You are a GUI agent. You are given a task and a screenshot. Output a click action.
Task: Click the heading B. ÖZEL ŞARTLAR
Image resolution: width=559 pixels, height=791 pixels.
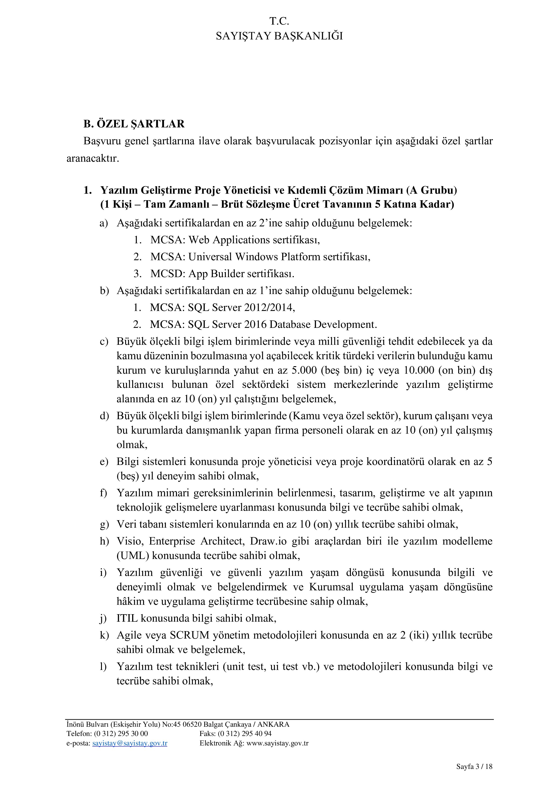coord(134,124)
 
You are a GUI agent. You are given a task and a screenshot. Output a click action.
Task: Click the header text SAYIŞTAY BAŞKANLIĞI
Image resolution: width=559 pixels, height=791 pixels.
coord(279,36)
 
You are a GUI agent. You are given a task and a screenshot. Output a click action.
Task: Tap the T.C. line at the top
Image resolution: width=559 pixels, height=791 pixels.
coord(279,21)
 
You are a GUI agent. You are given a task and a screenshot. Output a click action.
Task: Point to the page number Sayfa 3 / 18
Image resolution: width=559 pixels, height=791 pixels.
coord(474,773)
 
